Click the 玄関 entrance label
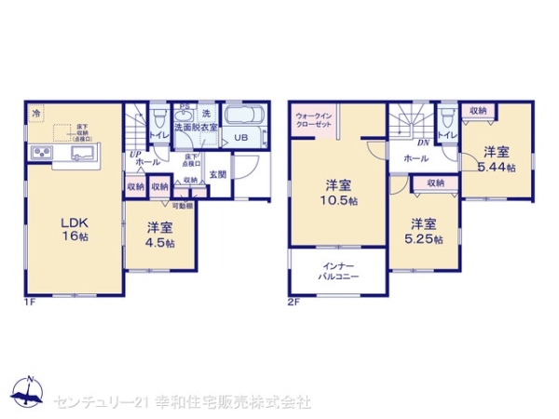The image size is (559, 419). point(217,173)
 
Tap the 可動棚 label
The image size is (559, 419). point(182,205)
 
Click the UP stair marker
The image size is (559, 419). point(135,154)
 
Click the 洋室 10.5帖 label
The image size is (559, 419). point(337,191)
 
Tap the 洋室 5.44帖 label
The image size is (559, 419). point(494,158)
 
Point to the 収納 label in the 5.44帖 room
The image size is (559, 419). point(478,111)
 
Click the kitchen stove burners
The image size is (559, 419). point(43,154)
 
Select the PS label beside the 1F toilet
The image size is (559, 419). point(184,106)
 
